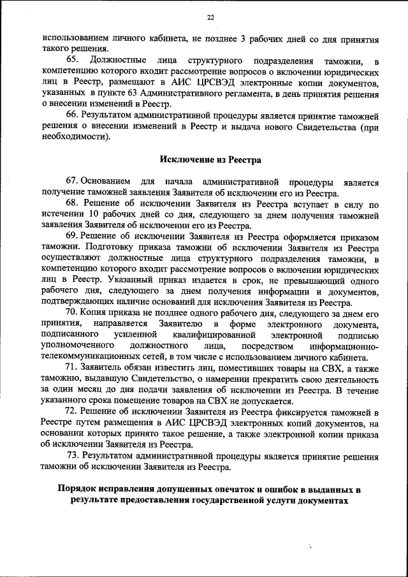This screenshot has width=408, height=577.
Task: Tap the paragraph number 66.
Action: coord(71,115)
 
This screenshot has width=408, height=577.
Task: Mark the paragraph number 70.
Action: coord(71,312)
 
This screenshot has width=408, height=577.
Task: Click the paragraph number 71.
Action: coord(71,368)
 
